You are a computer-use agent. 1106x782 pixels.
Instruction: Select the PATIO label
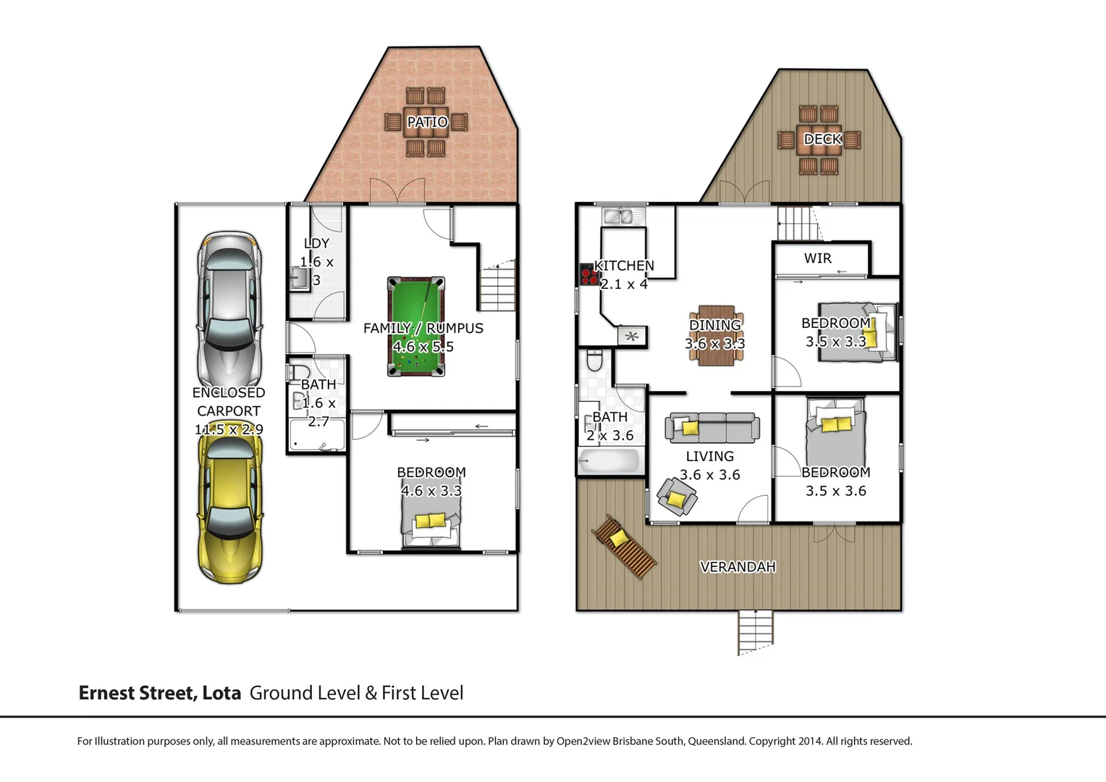click(427, 122)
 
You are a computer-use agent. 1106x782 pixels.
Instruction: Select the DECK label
click(822, 139)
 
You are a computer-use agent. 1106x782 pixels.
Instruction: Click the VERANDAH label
click(738, 567)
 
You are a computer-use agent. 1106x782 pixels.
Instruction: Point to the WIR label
click(817, 258)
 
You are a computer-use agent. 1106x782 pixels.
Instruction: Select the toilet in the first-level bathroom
click(594, 360)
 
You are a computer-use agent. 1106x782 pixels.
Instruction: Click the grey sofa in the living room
click(712, 428)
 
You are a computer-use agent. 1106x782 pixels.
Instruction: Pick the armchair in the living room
click(677, 497)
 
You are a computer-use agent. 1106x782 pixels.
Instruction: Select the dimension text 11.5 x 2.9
click(229, 429)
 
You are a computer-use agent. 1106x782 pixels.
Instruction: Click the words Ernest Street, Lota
click(159, 693)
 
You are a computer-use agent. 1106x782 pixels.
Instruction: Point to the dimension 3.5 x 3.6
click(835, 491)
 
